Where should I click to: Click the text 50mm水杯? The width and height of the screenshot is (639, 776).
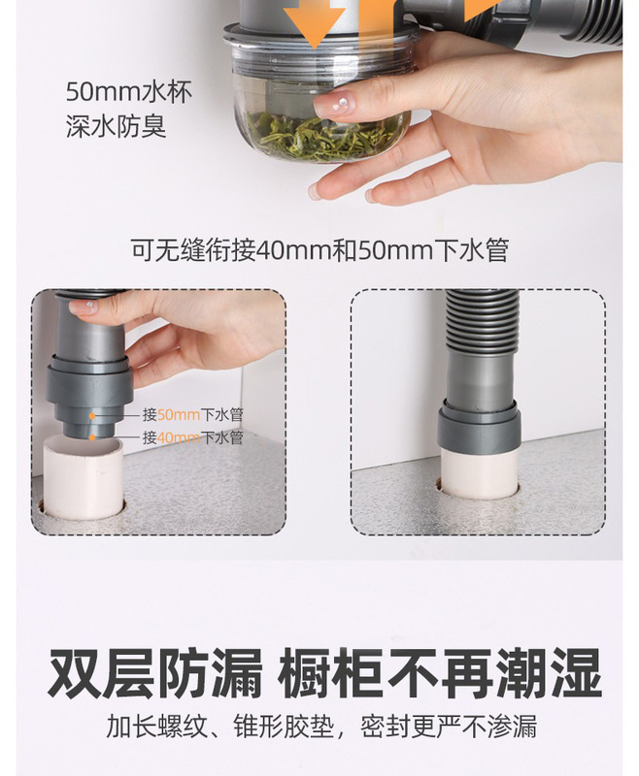point(128,93)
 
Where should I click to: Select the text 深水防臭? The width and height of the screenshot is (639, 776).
point(116,127)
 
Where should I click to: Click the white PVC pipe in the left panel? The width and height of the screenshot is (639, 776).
point(82,480)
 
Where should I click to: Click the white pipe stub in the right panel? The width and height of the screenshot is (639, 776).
point(478,473)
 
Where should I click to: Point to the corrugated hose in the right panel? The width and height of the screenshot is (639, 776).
point(478,330)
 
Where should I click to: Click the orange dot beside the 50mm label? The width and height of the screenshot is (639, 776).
point(94,414)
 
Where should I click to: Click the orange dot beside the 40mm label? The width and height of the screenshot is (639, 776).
point(94,437)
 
